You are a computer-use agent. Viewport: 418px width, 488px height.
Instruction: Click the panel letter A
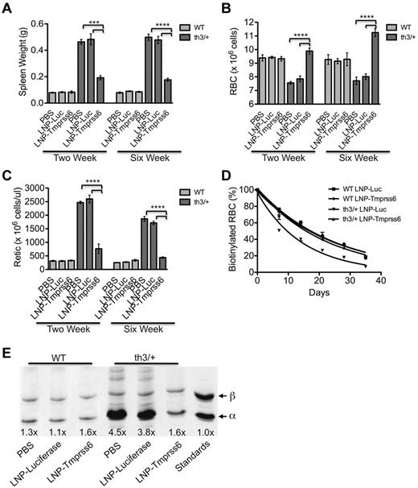click(x=8, y=7)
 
